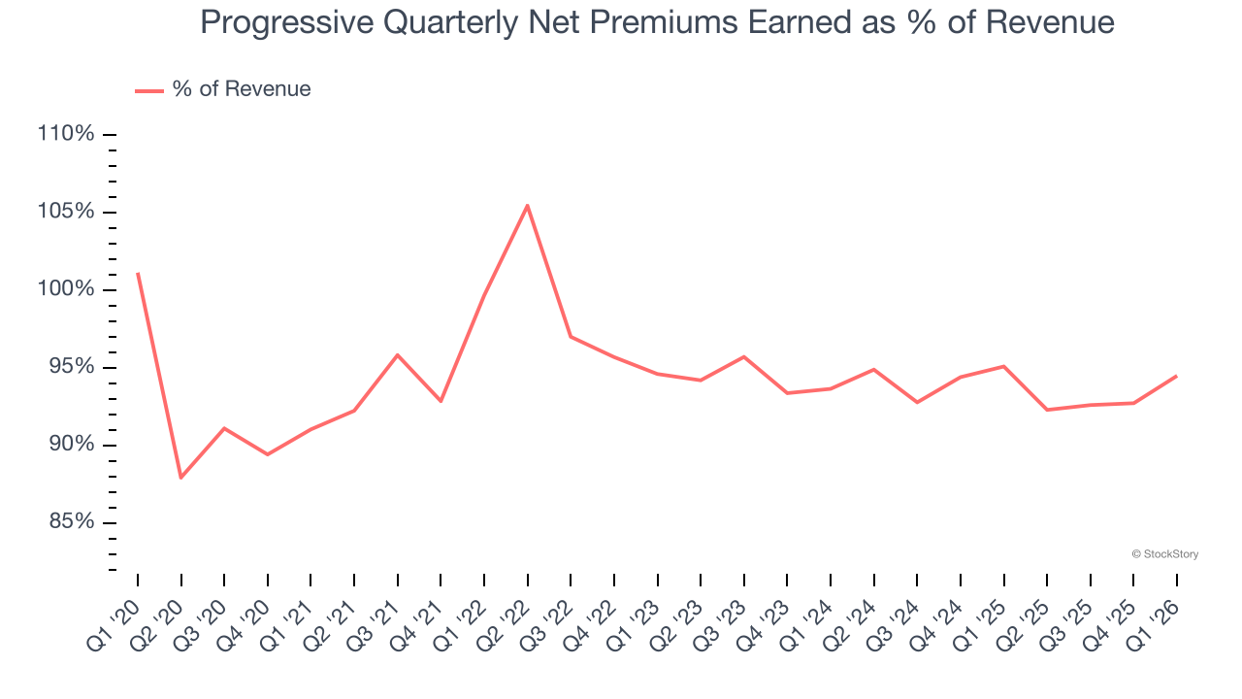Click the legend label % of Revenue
pyautogui.click(x=242, y=89)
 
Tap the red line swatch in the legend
pyautogui.click(x=148, y=90)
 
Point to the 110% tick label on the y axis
pyautogui.click(x=66, y=134)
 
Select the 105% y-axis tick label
pyautogui.click(x=66, y=212)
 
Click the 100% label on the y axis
pyautogui.click(x=66, y=289)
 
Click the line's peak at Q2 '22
pyautogui.click(x=527, y=205)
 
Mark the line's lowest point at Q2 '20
pyautogui.click(x=180, y=478)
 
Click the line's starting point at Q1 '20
pyautogui.click(x=137, y=273)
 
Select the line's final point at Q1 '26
pyautogui.click(x=1177, y=376)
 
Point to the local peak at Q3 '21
pyautogui.click(x=398, y=354)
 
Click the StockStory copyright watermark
pyautogui.click(x=1164, y=554)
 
